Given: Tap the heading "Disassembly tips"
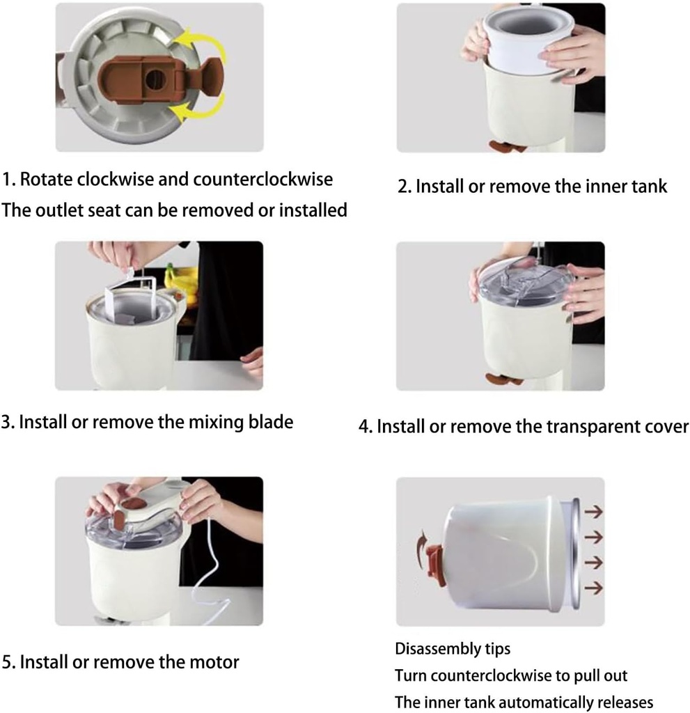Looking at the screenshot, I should [x=453, y=649].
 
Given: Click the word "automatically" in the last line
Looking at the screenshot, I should [x=540, y=701].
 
